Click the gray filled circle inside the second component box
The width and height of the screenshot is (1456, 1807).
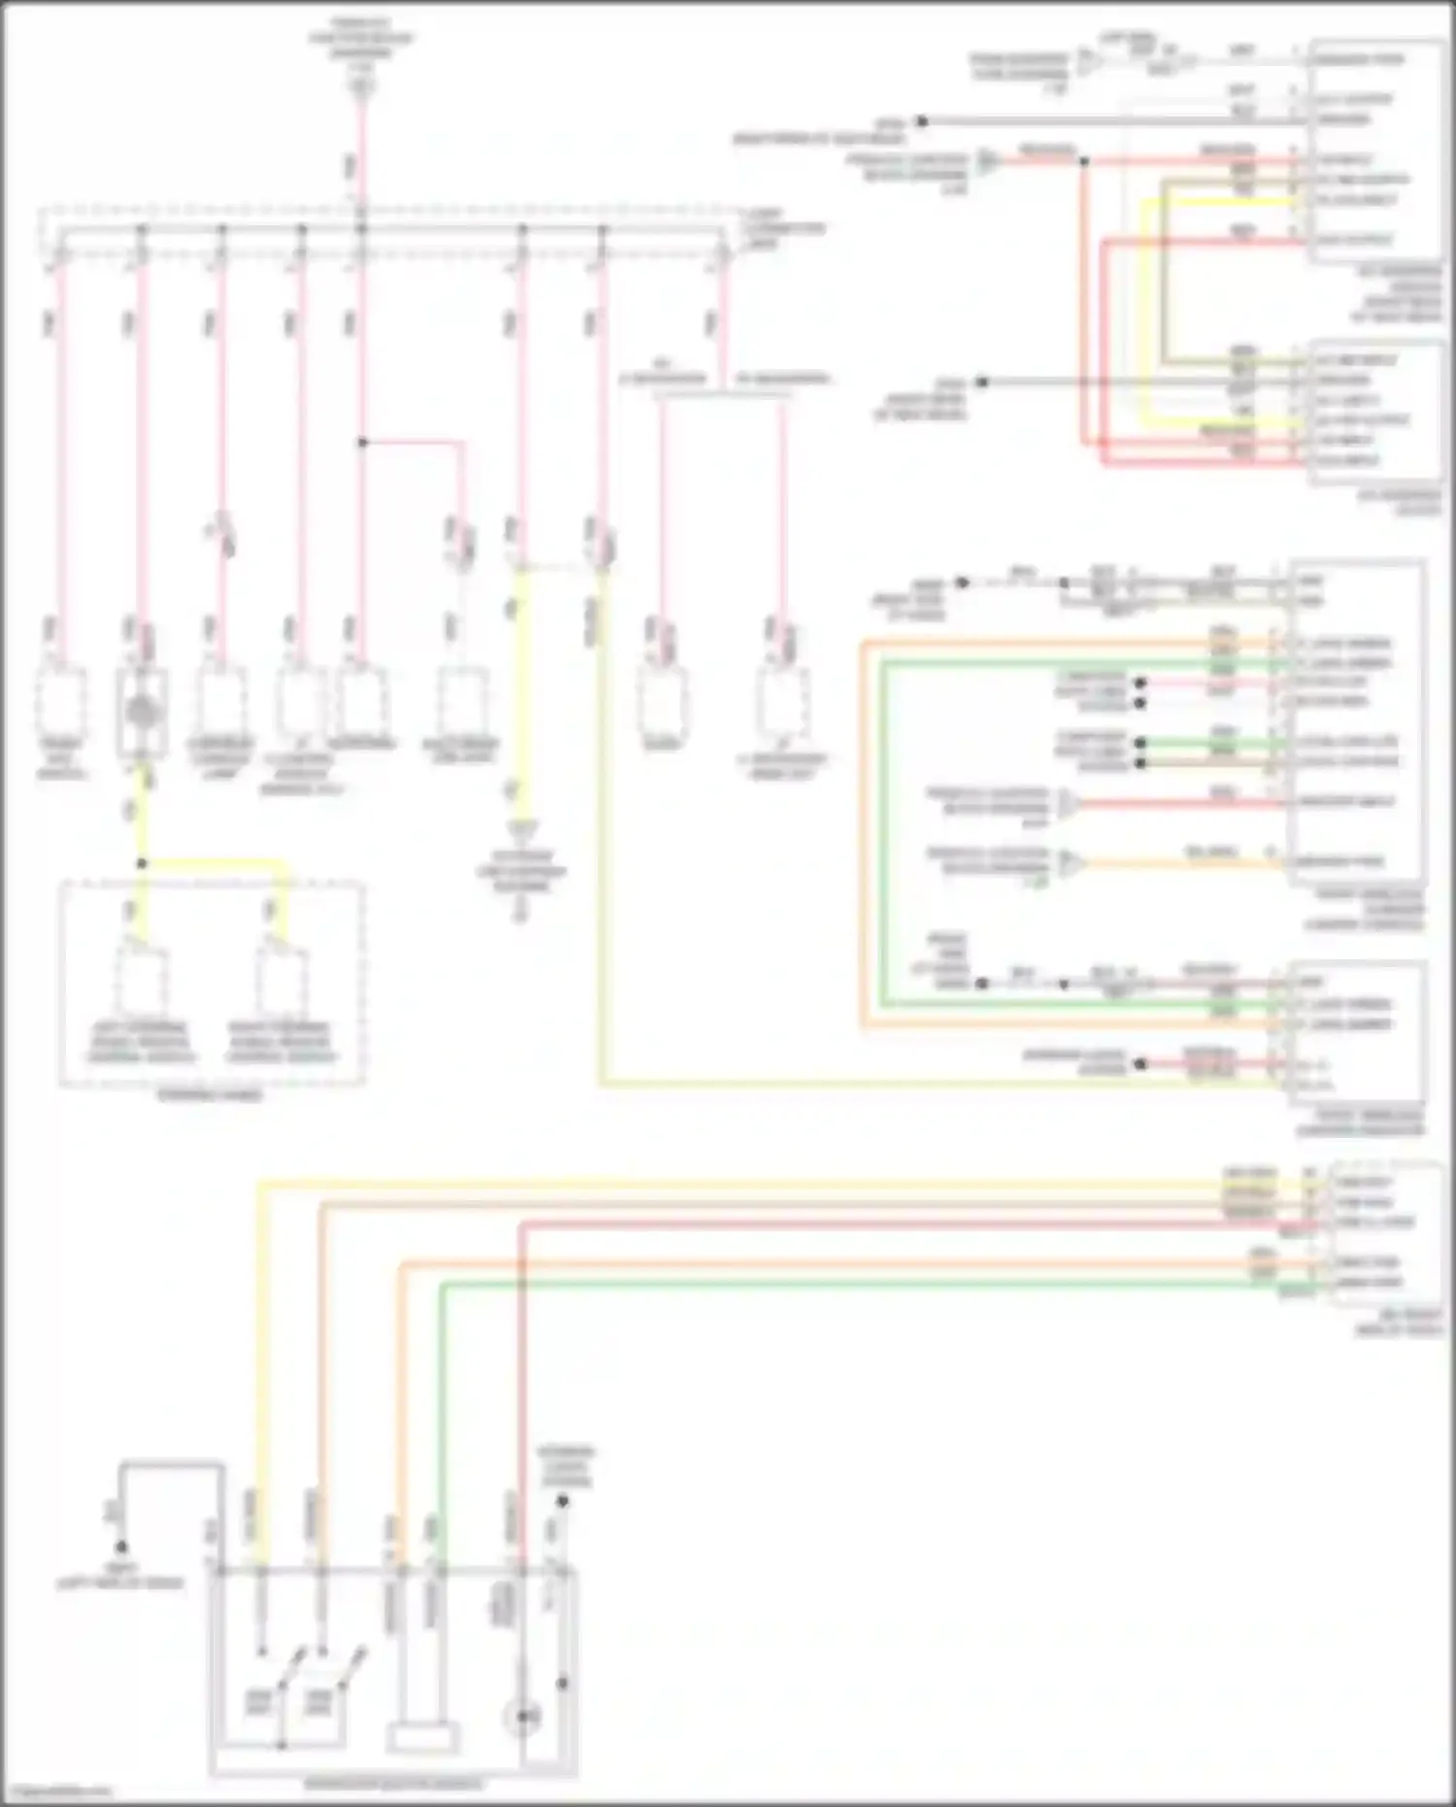point(143,715)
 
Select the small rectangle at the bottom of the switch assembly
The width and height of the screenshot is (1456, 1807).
point(421,1737)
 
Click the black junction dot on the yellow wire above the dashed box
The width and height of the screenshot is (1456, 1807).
point(142,863)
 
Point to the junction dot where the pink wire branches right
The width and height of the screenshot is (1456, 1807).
point(362,442)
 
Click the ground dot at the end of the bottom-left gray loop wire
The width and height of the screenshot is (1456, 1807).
point(121,1547)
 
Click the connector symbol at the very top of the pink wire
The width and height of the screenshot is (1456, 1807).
point(361,88)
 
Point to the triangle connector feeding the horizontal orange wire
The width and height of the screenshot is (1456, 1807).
point(1069,863)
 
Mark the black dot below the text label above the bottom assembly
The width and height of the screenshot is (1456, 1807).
point(561,1501)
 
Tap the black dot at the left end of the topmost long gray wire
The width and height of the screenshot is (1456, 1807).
point(922,121)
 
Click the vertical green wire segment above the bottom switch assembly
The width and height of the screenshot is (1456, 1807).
point(442,1418)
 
